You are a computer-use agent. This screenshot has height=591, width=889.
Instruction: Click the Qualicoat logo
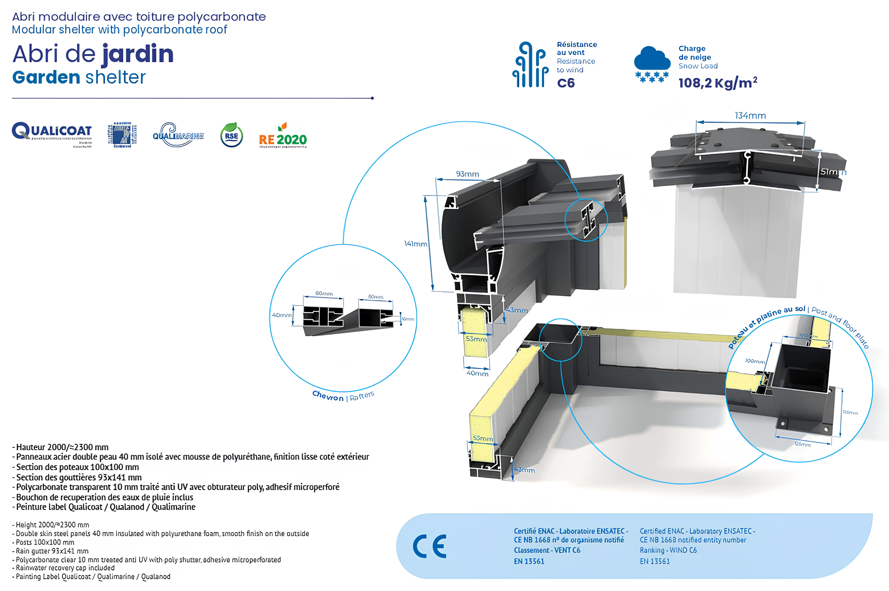pyautogui.click(x=52, y=134)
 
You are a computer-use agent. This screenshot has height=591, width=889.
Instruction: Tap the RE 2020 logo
pyautogui.click(x=283, y=137)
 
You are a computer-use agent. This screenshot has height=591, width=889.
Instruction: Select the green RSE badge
pyautogui.click(x=231, y=135)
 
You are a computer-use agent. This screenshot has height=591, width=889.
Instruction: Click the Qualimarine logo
pyautogui.click(x=178, y=135)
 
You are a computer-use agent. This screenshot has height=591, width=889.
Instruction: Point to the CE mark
pyautogui.click(x=429, y=546)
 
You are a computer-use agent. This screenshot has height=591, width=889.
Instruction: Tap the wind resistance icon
pyautogui.click(x=530, y=64)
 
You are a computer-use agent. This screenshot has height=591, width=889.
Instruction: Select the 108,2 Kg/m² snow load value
pyautogui.click(x=718, y=83)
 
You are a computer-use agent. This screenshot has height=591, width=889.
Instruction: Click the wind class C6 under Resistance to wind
pyautogui.click(x=566, y=83)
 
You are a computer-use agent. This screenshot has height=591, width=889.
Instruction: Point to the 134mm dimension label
pyautogui.click(x=750, y=116)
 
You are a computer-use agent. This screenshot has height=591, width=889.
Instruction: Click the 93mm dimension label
pyautogui.click(x=467, y=174)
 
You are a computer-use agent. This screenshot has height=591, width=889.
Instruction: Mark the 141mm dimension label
pyautogui.click(x=415, y=243)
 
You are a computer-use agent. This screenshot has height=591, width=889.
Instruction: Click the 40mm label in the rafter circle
pyautogui.click(x=281, y=315)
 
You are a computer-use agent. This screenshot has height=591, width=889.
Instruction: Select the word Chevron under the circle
pyautogui.click(x=328, y=396)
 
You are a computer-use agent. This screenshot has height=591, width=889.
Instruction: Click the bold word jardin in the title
pyautogui.click(x=138, y=54)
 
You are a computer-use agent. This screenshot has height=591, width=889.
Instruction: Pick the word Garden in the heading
pyautogui.click(x=46, y=77)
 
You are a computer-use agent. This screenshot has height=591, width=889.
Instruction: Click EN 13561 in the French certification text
pyautogui.click(x=529, y=561)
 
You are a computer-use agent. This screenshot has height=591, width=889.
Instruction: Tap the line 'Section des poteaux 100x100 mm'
pyautogui.click(x=78, y=467)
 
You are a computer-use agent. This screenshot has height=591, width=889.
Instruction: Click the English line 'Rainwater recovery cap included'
pyautogui.click(x=65, y=568)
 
